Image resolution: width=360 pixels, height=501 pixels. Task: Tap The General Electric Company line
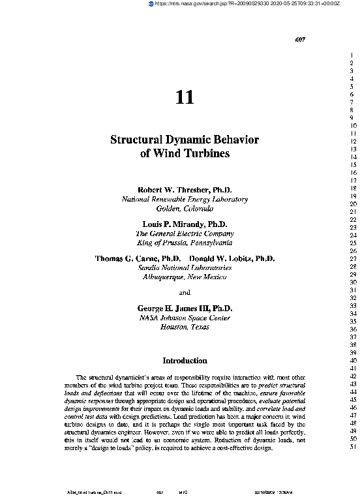(x=185, y=233)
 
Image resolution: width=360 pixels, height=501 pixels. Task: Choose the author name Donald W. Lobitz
(x=223, y=258)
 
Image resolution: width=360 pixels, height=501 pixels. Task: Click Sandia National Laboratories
(x=185, y=267)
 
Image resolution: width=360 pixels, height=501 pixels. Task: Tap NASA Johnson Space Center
(x=185, y=318)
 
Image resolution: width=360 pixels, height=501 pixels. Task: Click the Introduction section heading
(x=185, y=360)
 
